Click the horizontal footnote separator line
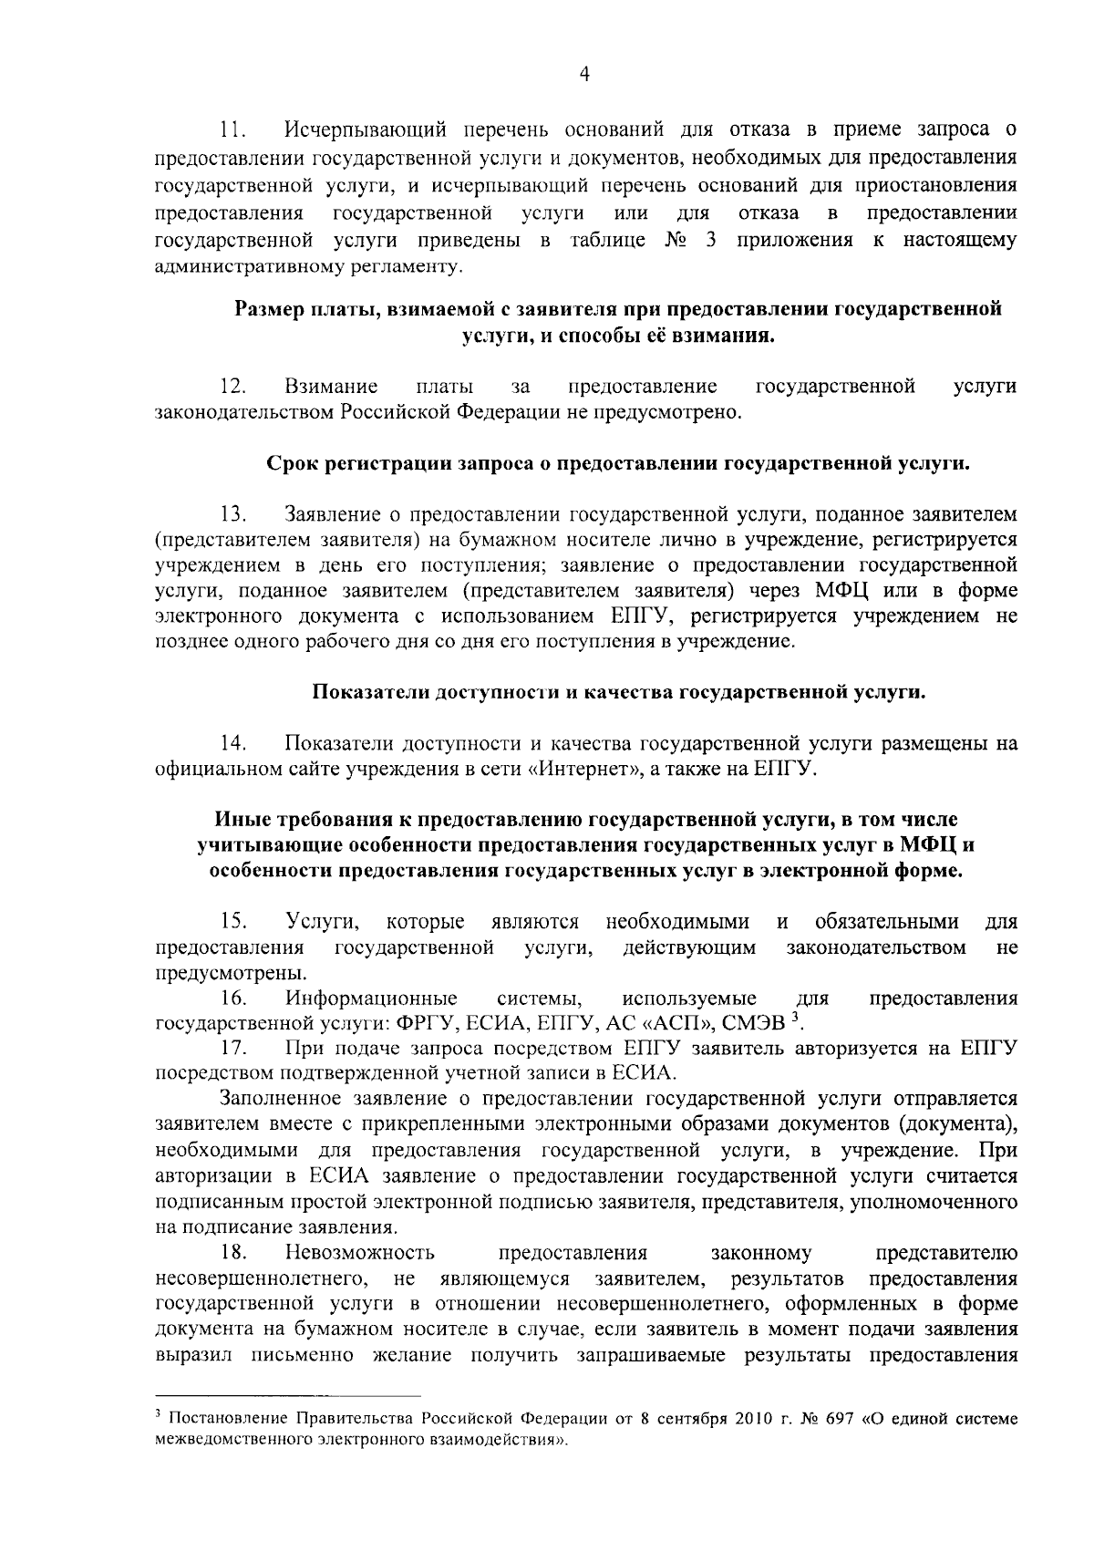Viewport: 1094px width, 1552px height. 288,1421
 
